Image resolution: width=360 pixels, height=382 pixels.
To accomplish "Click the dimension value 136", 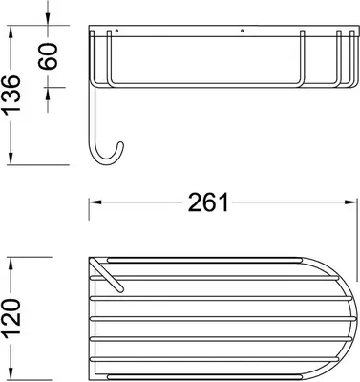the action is pyautogui.click(x=11, y=94).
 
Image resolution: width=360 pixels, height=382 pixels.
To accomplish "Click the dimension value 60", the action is pyautogui.click(x=49, y=56).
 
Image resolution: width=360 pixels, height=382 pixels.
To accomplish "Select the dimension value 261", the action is pyautogui.click(x=208, y=202).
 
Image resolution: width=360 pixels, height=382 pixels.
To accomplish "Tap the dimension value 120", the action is pyautogui.click(x=11, y=317).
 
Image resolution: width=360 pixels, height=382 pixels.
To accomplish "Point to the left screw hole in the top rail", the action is pyautogui.click(x=117, y=31).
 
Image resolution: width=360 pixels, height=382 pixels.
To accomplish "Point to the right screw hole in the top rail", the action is pyautogui.click(x=243, y=31).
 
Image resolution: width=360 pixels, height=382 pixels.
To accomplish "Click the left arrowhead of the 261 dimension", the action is pyautogui.click(x=95, y=202).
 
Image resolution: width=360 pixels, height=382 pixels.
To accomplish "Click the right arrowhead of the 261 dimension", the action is pyautogui.click(x=350, y=202).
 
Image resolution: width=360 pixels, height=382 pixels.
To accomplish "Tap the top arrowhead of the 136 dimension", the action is pyautogui.click(x=11, y=32).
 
